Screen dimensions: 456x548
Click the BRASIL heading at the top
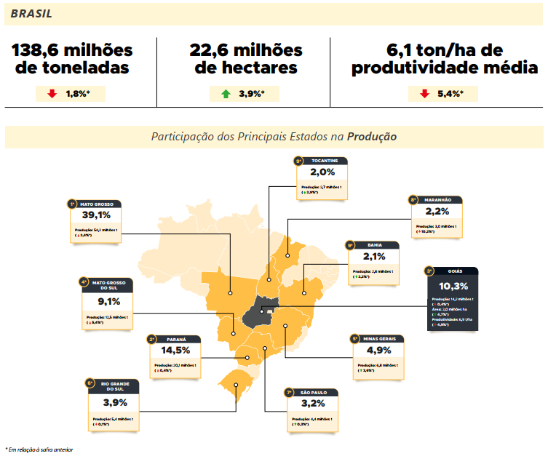click(x=31, y=13)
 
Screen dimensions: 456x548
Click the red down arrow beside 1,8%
click(x=52, y=94)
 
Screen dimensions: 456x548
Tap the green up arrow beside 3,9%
click(x=226, y=94)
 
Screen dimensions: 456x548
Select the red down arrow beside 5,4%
click(x=424, y=94)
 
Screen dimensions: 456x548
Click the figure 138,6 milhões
click(x=72, y=50)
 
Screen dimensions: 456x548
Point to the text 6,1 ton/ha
click(x=445, y=50)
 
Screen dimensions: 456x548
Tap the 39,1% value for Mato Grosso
click(x=96, y=216)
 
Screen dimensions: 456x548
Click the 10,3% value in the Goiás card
click(x=453, y=286)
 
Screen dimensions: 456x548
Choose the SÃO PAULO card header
click(x=315, y=393)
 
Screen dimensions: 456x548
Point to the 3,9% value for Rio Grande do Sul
click(x=115, y=402)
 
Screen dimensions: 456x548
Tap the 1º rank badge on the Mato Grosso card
click(x=72, y=204)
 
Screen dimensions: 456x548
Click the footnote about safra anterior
click(x=39, y=449)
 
